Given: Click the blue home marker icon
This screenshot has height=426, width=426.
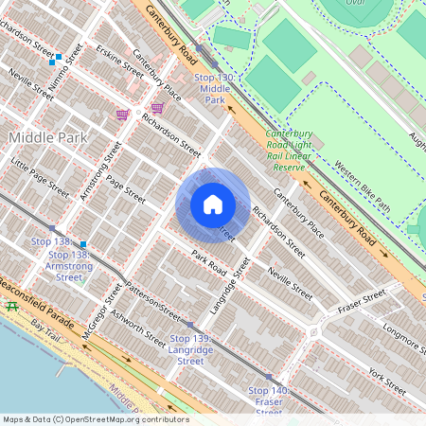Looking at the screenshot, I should click(213, 204).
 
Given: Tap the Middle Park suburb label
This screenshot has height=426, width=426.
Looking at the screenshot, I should click(47, 137).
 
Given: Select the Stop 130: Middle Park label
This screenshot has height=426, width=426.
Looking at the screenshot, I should click(214, 88).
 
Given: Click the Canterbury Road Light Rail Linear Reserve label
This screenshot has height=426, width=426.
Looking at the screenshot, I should click(289, 151).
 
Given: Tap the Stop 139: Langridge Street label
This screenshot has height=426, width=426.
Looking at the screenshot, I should click(190, 349).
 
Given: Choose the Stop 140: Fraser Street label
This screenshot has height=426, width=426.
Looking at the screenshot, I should click(269, 401).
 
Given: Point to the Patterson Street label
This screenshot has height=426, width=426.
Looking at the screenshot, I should click(151, 302).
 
